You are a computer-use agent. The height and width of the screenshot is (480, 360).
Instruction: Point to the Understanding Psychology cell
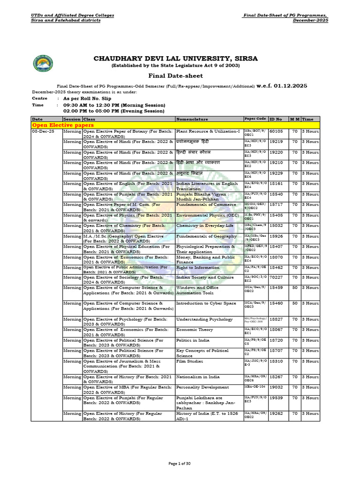pos(204,319)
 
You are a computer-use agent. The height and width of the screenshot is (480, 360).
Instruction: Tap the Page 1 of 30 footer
pos(180,464)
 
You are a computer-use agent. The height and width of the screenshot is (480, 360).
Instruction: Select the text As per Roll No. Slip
pos(90,98)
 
